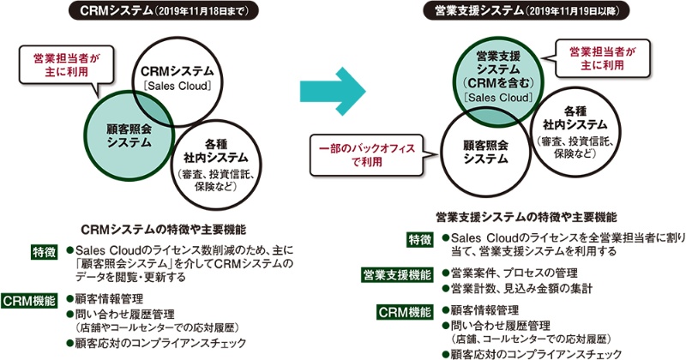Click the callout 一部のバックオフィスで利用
point(366,153)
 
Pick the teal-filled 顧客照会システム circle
point(128,135)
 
